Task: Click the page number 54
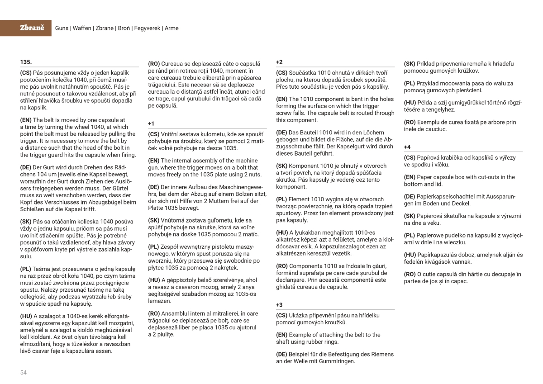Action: click(x=24, y=372)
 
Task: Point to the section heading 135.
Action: click(x=26, y=62)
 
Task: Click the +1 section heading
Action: click(x=151, y=123)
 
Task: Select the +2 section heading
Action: click(x=279, y=62)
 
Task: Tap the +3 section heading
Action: click(x=279, y=305)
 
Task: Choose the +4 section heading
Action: click(x=407, y=147)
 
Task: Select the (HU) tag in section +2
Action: click(x=281, y=232)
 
